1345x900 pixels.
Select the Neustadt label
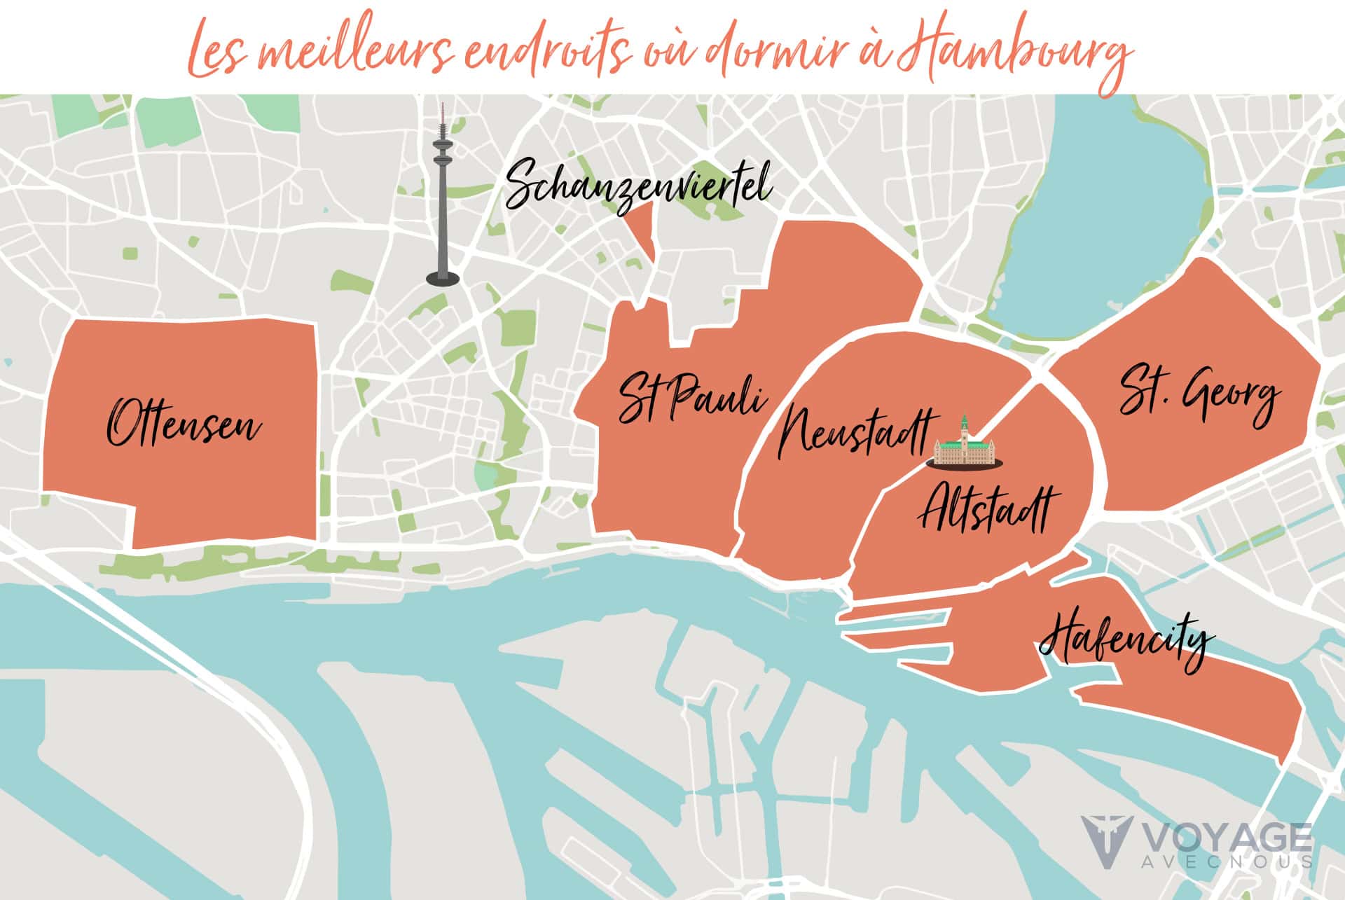click(856, 430)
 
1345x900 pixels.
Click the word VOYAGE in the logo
click(1226, 838)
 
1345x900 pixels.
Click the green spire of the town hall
click(965, 423)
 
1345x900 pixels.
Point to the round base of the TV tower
click(443, 279)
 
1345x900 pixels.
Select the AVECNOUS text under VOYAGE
click(1226, 861)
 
